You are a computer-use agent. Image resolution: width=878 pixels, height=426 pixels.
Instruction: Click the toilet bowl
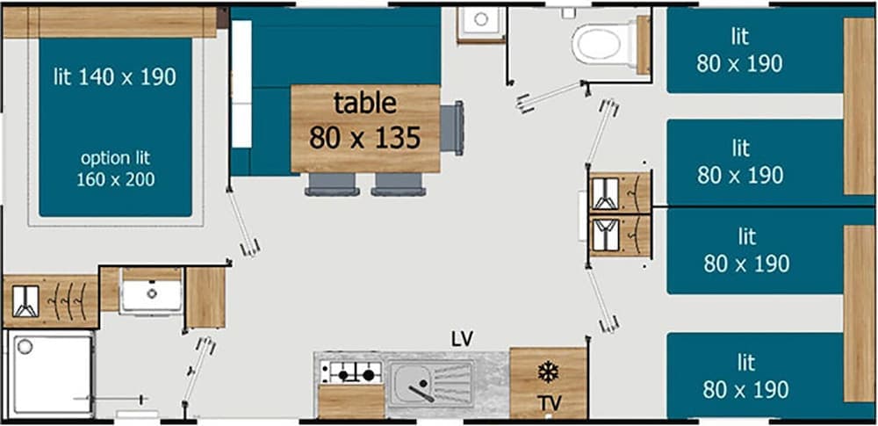(x=603, y=42)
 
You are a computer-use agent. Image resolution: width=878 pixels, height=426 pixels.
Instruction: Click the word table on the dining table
(x=364, y=103)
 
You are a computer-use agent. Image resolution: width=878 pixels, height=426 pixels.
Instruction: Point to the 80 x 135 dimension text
(x=364, y=137)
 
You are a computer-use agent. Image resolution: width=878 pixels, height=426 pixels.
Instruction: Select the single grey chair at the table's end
(x=452, y=128)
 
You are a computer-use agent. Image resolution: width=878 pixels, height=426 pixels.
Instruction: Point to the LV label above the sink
(x=462, y=338)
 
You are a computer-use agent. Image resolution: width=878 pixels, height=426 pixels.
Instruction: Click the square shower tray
(x=52, y=373)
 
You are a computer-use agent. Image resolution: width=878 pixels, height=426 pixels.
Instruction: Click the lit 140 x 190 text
(x=114, y=77)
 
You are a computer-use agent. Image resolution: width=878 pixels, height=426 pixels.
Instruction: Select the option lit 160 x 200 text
(x=114, y=169)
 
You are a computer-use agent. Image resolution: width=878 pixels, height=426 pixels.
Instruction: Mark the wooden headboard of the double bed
(x=110, y=22)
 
